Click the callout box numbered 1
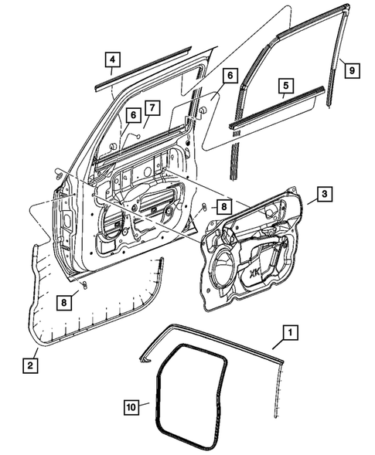point(288,334)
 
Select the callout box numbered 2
point(29,364)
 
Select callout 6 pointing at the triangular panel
point(230,76)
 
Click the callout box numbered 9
point(351,70)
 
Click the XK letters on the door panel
point(276,273)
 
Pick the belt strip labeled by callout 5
point(274,107)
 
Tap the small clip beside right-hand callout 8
point(203,206)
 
